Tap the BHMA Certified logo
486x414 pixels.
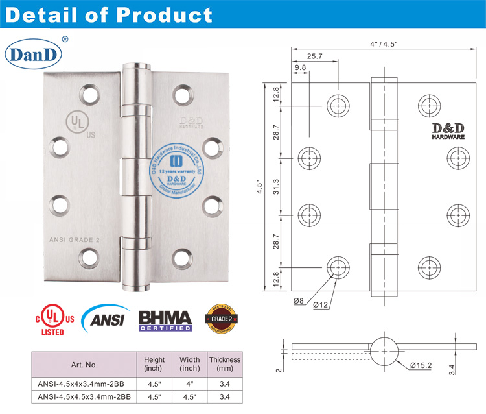click(165, 321)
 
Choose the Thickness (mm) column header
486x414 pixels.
click(224, 364)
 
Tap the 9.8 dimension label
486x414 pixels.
click(300, 67)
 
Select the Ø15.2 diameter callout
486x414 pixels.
click(421, 366)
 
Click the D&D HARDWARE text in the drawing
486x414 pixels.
click(447, 132)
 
